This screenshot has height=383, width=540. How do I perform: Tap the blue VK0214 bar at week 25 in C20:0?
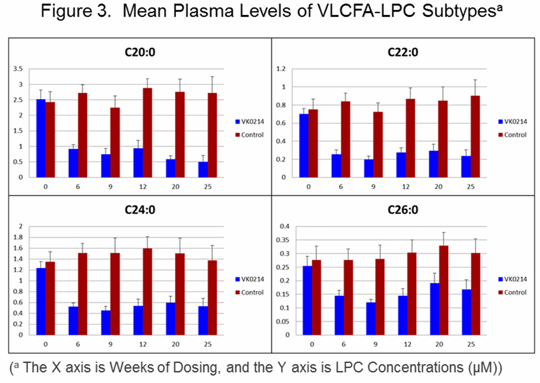tap(204, 169)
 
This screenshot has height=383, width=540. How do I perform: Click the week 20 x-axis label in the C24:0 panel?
tap(176, 343)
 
